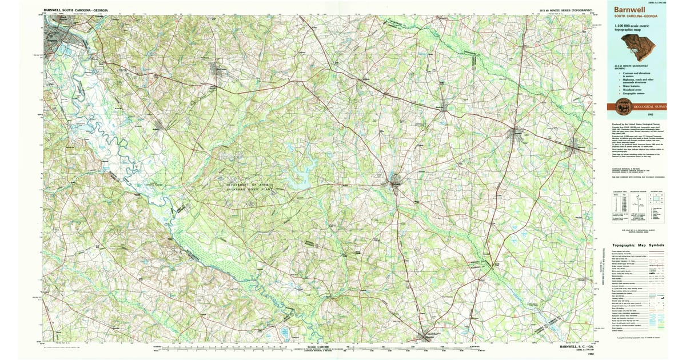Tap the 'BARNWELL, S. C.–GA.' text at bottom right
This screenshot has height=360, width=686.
(x=575, y=346)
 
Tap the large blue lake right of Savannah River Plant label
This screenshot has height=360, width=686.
(x=297, y=182)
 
